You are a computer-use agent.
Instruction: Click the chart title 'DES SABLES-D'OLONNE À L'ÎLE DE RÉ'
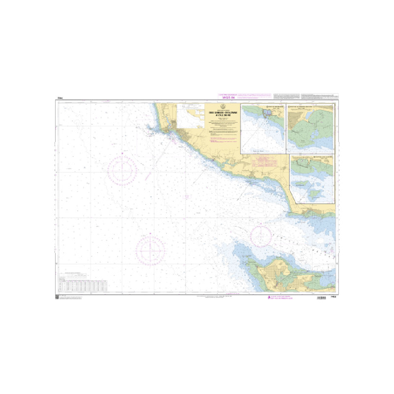pyautogui.click(x=225, y=113)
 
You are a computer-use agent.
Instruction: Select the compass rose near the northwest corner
pyautogui.click(x=122, y=169)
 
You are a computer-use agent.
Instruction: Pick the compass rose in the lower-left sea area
pyautogui.click(x=151, y=250)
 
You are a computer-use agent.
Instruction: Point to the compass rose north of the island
pyautogui.click(x=262, y=235)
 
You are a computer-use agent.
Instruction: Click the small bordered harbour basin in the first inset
pyautogui.click(x=268, y=114)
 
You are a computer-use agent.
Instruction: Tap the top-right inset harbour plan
pyautogui.click(x=310, y=128)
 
